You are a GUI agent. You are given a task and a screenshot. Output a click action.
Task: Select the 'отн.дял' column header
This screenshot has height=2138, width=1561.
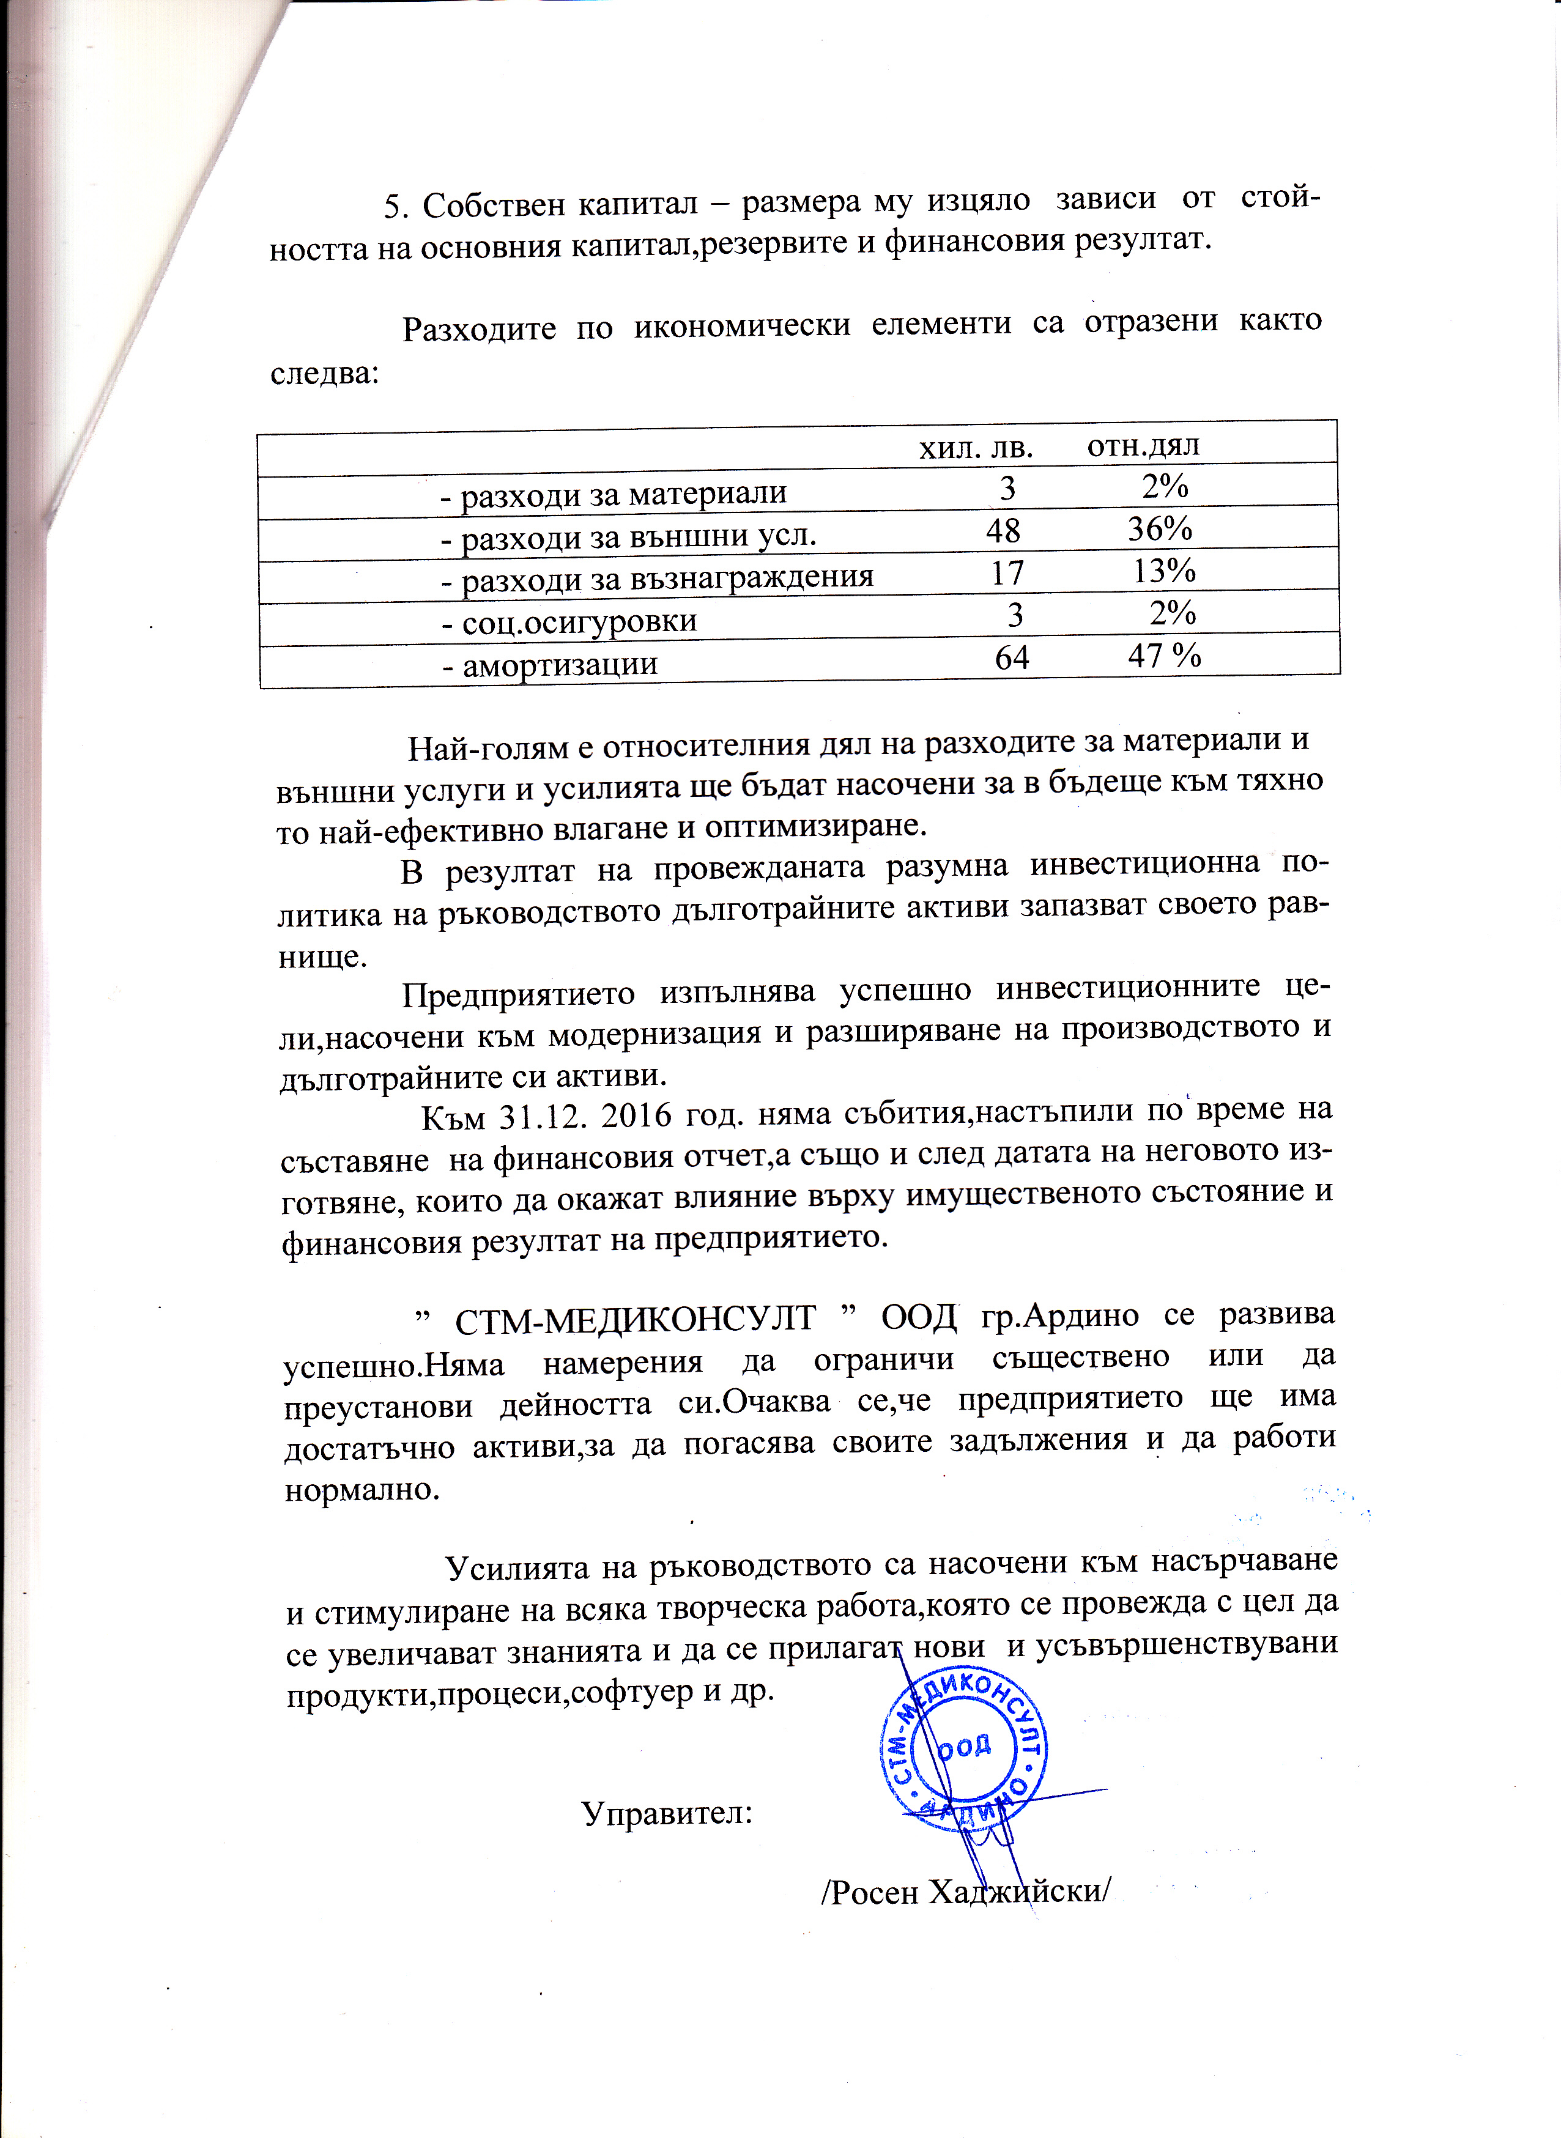(x=1143, y=445)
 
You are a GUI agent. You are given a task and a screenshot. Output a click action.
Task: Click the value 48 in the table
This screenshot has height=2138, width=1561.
(x=1004, y=530)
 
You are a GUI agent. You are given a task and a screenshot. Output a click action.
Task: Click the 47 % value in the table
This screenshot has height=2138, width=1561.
(x=1164, y=655)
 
